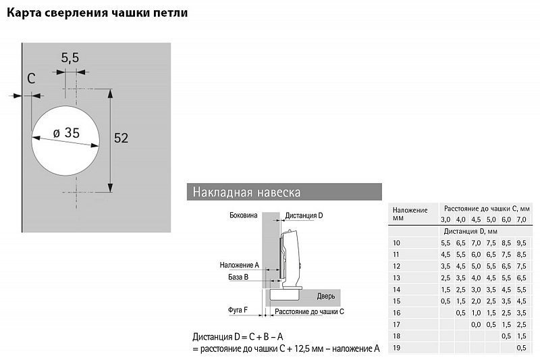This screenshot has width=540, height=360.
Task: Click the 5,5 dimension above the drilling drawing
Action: [x=70, y=58]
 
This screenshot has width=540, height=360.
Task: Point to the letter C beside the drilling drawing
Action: [x=31, y=78]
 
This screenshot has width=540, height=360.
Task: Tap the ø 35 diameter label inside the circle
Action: [x=65, y=133]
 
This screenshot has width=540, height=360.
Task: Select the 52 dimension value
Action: [x=121, y=138]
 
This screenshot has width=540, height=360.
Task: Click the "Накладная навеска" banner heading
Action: [x=246, y=192]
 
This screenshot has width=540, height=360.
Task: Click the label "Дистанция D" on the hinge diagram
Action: [x=304, y=215]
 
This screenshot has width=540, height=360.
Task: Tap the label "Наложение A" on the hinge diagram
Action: [x=240, y=265]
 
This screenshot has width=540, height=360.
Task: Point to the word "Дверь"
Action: [x=326, y=296]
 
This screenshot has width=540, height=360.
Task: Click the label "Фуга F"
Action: [x=238, y=311]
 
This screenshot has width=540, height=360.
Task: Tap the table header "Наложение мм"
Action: [x=410, y=214]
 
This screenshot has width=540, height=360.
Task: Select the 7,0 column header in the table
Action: [x=520, y=220]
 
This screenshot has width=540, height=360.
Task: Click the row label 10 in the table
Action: [x=396, y=242]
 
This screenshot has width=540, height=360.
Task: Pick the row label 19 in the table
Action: [x=396, y=348]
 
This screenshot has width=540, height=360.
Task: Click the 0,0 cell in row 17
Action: [x=476, y=324]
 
